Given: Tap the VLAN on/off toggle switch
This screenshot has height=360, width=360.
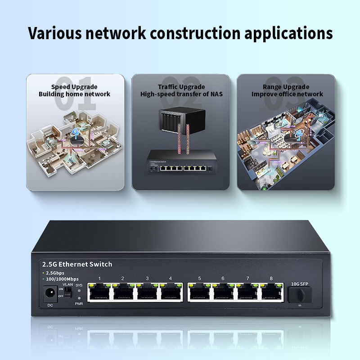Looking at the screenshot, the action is [68, 292].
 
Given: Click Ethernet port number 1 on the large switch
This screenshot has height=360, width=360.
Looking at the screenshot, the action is [99, 293].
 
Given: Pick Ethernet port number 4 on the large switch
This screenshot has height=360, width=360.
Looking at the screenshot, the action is [171, 293].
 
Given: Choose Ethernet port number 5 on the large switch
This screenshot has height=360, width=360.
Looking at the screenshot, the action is [199, 293].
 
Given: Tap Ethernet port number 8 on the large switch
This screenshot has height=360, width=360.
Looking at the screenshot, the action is [271, 293].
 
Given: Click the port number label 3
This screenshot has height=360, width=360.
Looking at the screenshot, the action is [147, 279].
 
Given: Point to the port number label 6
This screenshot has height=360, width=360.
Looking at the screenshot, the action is [223, 279].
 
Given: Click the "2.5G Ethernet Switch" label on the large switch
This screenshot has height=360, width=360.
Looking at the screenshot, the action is [76, 264].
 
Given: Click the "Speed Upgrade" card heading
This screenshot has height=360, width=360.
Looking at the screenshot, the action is [74, 87].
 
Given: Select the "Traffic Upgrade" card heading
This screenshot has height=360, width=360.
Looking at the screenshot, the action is [181, 87].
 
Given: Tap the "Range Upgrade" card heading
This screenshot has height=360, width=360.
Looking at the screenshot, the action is [287, 87].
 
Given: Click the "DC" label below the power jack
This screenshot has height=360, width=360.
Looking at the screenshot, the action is [50, 306].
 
